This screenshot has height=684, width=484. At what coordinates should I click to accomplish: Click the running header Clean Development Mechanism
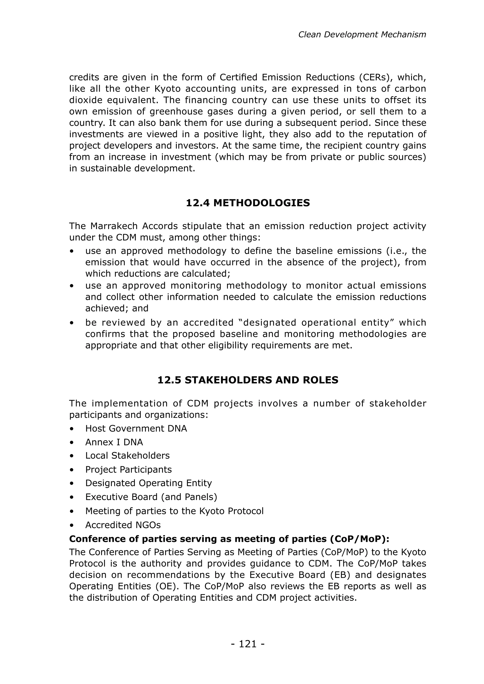click(362, 34)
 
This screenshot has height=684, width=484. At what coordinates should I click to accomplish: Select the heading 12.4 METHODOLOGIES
click(248, 203)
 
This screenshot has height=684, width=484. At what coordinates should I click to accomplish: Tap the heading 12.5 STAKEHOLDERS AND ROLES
click(248, 380)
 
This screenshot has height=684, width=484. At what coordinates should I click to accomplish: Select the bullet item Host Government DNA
click(136, 428)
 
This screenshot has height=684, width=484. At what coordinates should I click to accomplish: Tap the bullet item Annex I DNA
click(114, 442)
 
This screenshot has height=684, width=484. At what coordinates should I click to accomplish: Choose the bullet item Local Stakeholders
click(127, 456)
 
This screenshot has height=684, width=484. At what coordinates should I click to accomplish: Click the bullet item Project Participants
click(129, 470)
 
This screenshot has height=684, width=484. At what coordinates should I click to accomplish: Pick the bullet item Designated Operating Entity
click(148, 483)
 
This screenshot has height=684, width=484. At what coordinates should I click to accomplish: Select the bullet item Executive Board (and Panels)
click(151, 497)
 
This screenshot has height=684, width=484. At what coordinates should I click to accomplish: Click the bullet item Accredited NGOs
click(123, 525)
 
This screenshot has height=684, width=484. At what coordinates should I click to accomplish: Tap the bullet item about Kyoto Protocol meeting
click(174, 511)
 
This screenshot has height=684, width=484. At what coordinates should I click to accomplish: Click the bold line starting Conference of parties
click(229, 539)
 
